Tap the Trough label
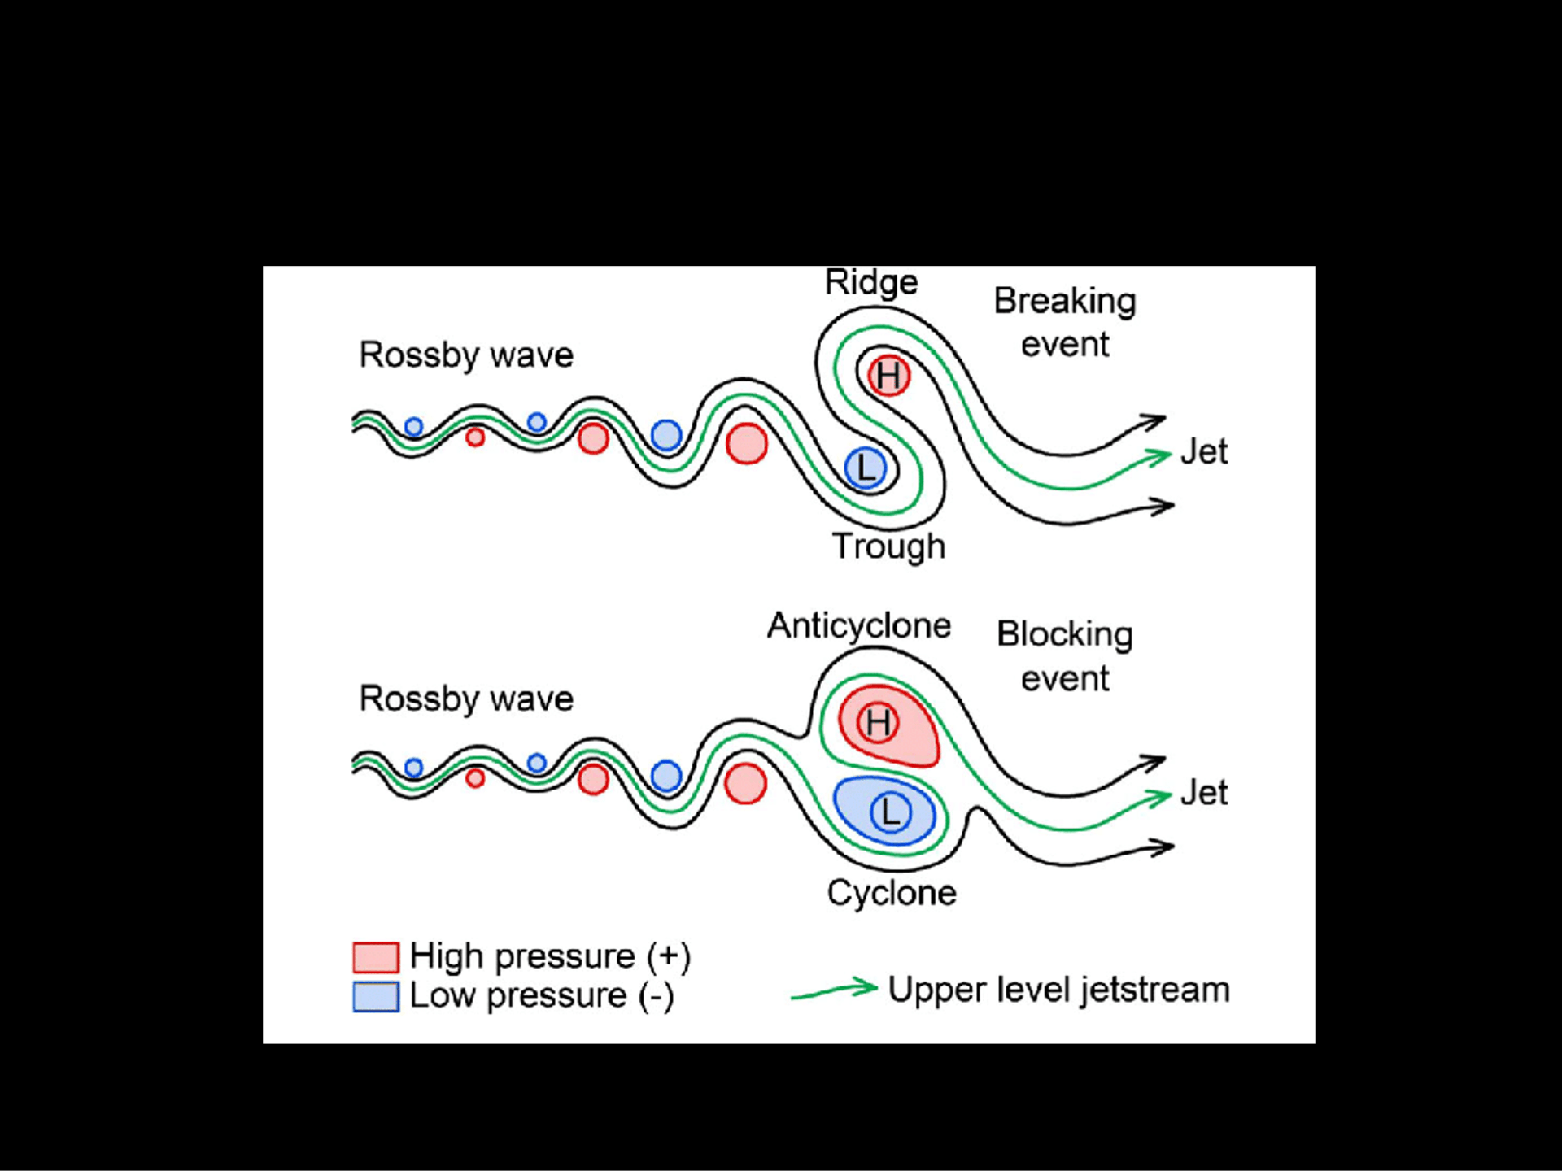[888, 546]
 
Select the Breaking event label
[1065, 322]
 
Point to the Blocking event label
[1065, 655]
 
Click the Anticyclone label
[859, 625]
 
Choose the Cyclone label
[892, 893]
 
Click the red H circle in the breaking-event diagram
[888, 376]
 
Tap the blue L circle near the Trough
[865, 468]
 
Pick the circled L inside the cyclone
[891, 812]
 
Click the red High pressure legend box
[376, 957]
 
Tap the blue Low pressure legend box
[376, 997]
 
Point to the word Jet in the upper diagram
[1204, 451]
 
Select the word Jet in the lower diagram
[1204, 793]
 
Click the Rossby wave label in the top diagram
[466, 355]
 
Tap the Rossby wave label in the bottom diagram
[466, 699]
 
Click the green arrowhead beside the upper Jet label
[1158, 457]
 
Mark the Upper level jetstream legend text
[1058, 990]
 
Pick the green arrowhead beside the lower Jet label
[1158, 798]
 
